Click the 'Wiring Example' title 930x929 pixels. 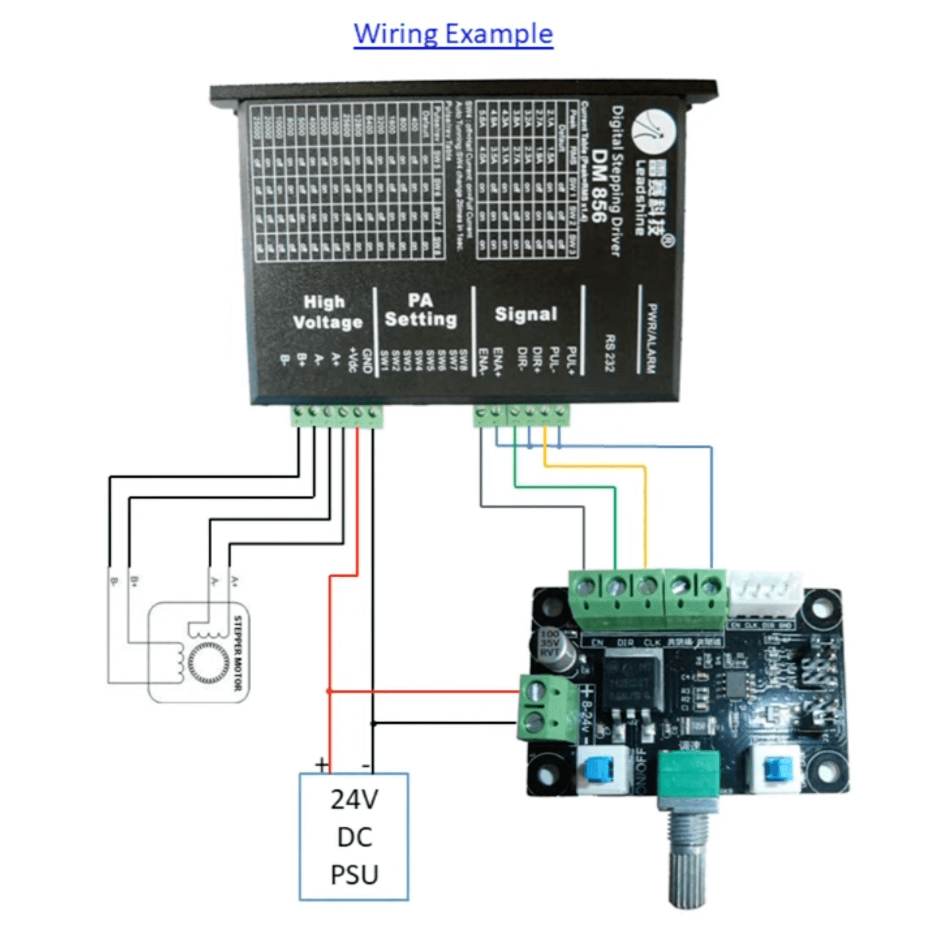(453, 34)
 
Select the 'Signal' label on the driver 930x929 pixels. (526, 314)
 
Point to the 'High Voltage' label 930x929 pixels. (327, 313)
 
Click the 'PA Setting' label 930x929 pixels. (420, 310)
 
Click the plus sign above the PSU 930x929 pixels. (322, 764)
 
